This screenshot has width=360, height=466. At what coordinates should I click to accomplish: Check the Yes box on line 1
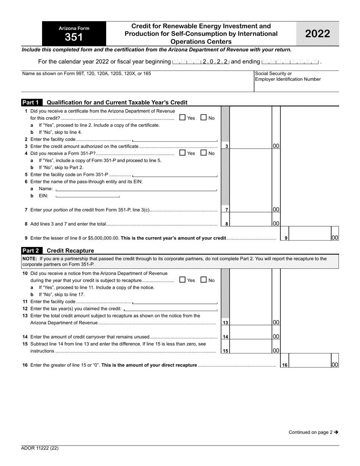coord(182,118)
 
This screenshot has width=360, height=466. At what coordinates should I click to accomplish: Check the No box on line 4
coord(203,153)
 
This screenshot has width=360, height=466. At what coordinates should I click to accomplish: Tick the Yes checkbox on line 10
coord(182,280)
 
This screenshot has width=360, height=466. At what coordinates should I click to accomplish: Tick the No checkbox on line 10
coord(203,280)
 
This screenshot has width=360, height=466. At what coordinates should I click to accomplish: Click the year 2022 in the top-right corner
coord(318,34)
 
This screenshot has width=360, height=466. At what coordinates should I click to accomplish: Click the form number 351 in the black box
coord(74,37)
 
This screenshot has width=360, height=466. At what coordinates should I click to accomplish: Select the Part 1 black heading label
coord(32,102)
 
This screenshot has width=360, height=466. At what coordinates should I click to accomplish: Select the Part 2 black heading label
coord(32,250)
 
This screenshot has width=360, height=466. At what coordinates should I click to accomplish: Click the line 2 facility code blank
coord(175,139)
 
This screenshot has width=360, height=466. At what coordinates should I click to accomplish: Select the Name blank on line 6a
coord(136,189)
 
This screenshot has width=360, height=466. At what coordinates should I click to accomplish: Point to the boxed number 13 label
coord(225,323)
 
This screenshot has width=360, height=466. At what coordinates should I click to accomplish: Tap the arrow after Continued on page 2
coord(336,432)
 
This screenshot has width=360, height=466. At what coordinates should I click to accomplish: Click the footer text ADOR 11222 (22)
coord(40,448)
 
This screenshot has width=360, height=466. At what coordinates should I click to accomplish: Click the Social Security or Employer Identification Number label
coord(288,77)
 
